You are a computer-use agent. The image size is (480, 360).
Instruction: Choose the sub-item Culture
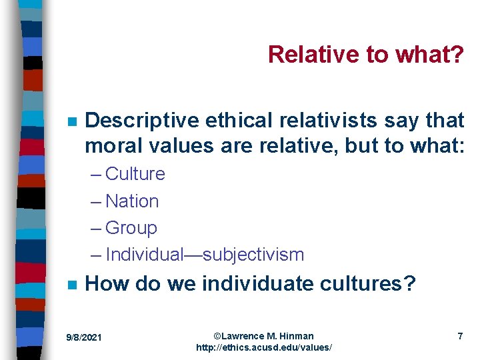coord(135,174)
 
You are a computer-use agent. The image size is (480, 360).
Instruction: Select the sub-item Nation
coord(132,201)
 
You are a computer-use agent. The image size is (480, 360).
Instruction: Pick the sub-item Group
coord(131,227)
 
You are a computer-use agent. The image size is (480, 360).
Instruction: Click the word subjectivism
coord(253,255)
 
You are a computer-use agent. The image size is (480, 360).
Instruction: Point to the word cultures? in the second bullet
coord(373,284)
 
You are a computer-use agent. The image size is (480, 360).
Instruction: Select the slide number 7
coord(460,336)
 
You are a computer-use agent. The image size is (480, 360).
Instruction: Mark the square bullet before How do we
coord(72,285)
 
